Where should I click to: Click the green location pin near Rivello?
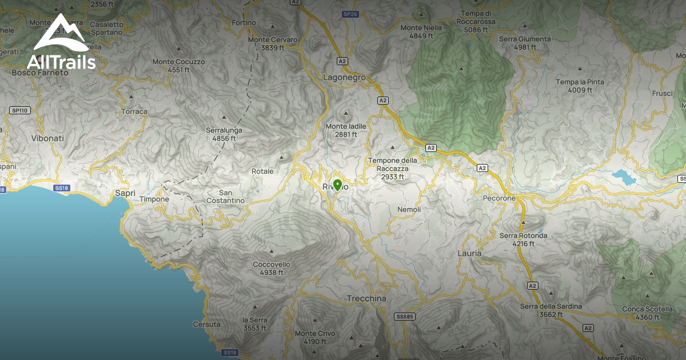coord(337,185)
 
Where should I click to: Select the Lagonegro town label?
coord(344,78)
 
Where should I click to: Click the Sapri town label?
coord(125,193)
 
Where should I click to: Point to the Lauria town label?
coord(470,253)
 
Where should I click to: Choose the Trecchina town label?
coord(366,299)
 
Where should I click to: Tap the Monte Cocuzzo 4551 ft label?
coord(178,65)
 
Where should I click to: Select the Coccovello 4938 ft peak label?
coord(272,269)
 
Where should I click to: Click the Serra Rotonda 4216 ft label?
coord(523,239)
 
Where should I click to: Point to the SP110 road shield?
coord(19,110)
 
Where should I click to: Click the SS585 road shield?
coord(404,317)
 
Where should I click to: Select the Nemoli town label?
coord(409,210)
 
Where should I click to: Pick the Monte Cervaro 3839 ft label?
coord(272,44)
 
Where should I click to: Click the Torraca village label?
coord(134,111)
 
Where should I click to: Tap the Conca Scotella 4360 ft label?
coord(642,313)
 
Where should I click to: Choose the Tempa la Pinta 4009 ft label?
coord(580,86)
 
